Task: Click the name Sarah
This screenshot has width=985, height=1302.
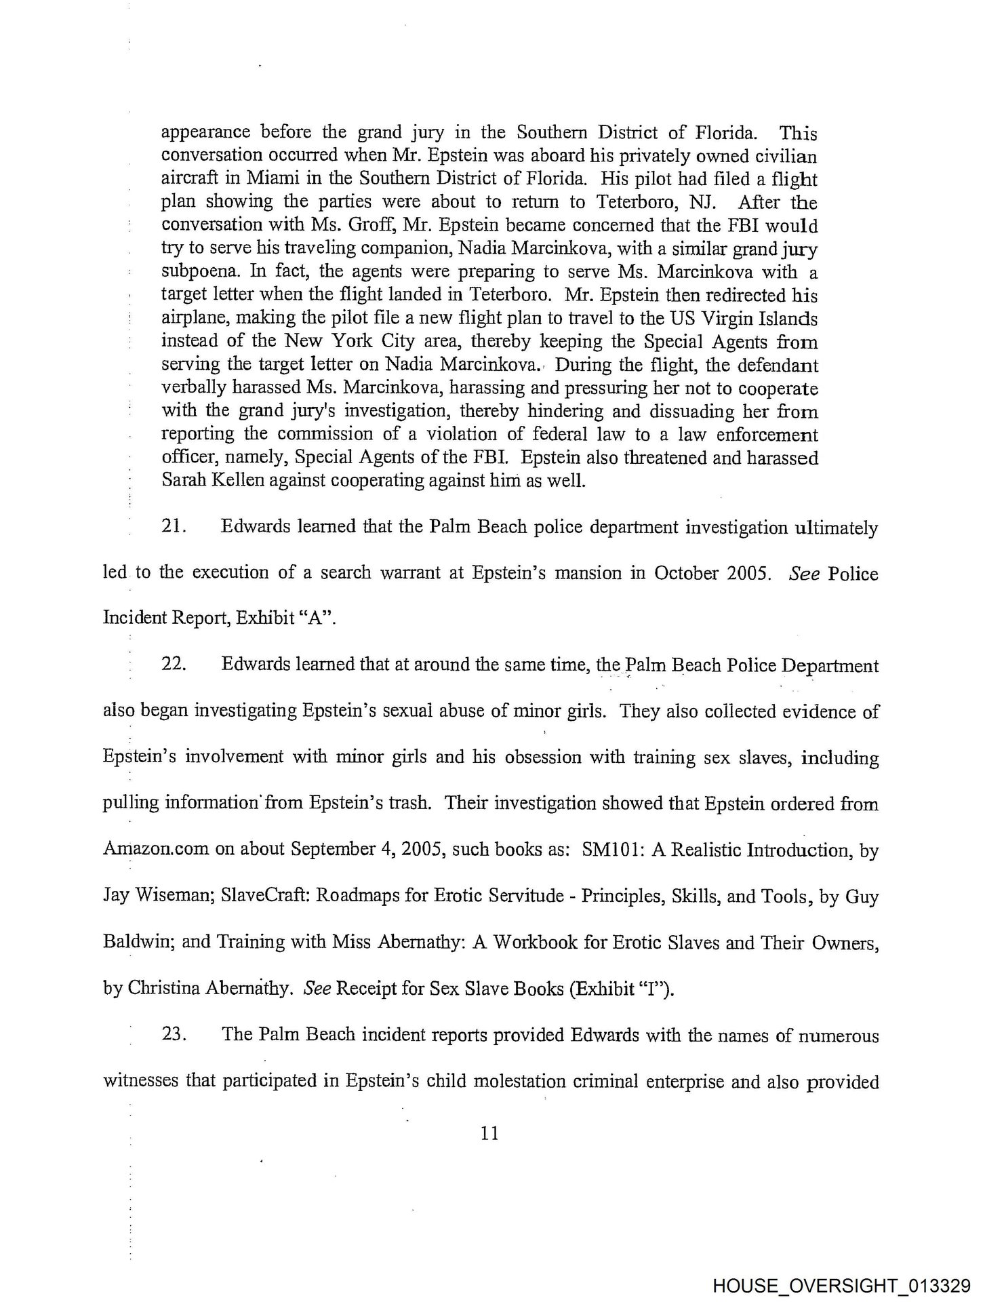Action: tap(183, 481)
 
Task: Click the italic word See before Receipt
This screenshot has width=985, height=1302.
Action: tap(317, 989)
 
